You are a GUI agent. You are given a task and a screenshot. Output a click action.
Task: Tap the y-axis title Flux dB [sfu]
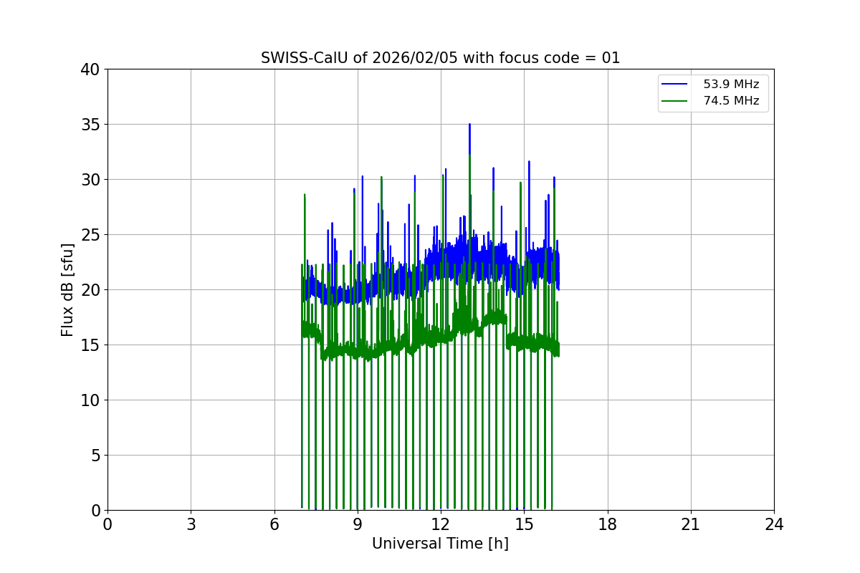[x=67, y=289]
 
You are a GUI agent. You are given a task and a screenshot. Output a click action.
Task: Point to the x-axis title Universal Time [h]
[x=440, y=544]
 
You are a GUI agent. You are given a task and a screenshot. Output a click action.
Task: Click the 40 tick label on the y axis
[x=90, y=69]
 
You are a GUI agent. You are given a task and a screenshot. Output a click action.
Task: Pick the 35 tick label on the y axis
[x=90, y=125]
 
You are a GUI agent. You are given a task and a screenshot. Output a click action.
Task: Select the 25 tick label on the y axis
[x=90, y=235]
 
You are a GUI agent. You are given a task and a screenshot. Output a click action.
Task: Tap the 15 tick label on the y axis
[x=90, y=345]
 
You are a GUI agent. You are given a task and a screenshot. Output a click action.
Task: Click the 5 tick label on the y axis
[x=95, y=456]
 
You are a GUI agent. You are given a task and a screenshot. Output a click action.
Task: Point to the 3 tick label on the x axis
[x=191, y=524]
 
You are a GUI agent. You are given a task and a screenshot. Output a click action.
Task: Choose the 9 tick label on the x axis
[x=358, y=524]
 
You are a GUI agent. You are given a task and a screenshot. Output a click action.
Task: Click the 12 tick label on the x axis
[x=441, y=524]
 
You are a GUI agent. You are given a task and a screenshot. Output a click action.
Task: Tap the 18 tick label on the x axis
[x=608, y=524]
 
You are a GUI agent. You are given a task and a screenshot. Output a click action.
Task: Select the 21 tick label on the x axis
[x=691, y=524]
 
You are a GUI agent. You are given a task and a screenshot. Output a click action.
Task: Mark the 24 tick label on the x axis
[x=774, y=524]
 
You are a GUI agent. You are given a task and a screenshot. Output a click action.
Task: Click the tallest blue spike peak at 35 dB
[x=469, y=125]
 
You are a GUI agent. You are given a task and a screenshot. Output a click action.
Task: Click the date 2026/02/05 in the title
[x=416, y=58]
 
